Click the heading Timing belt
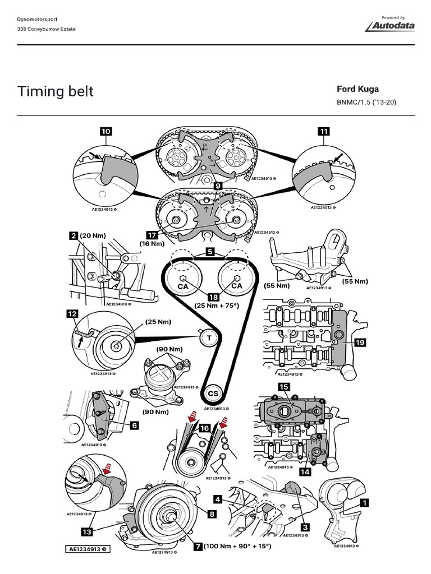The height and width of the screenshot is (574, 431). [x=55, y=91]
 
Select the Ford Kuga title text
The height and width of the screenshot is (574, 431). [x=357, y=89]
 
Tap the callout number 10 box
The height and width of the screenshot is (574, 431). [x=106, y=131]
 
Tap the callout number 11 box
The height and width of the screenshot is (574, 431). [x=323, y=131]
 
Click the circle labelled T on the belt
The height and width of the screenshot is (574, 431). [x=209, y=338]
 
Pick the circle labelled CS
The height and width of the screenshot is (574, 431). [x=213, y=394]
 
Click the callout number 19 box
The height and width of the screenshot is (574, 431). [x=359, y=342]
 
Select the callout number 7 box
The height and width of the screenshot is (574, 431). [x=198, y=545]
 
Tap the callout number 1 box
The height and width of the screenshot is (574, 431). [x=364, y=503]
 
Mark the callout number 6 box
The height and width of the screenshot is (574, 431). [x=134, y=425]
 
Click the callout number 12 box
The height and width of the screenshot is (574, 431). [x=72, y=314]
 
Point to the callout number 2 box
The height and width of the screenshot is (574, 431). [x=73, y=236]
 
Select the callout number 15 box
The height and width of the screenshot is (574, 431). [x=283, y=387]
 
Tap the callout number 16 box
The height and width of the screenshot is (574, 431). [x=204, y=428]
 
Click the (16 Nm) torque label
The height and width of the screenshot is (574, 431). [x=152, y=244]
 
